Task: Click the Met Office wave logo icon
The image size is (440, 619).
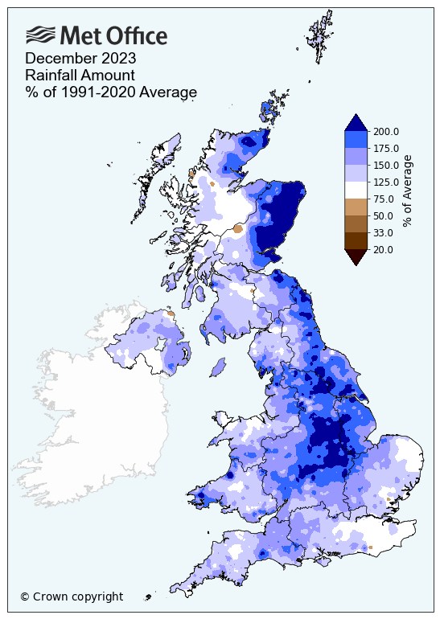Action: tap(41, 35)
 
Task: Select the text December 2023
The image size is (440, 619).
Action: tap(80, 59)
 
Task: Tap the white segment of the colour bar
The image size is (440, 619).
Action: tap(356, 191)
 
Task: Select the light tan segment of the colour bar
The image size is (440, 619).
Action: tap(356, 207)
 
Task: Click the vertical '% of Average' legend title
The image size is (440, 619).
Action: tap(408, 191)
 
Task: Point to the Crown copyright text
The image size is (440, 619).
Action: tap(72, 596)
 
